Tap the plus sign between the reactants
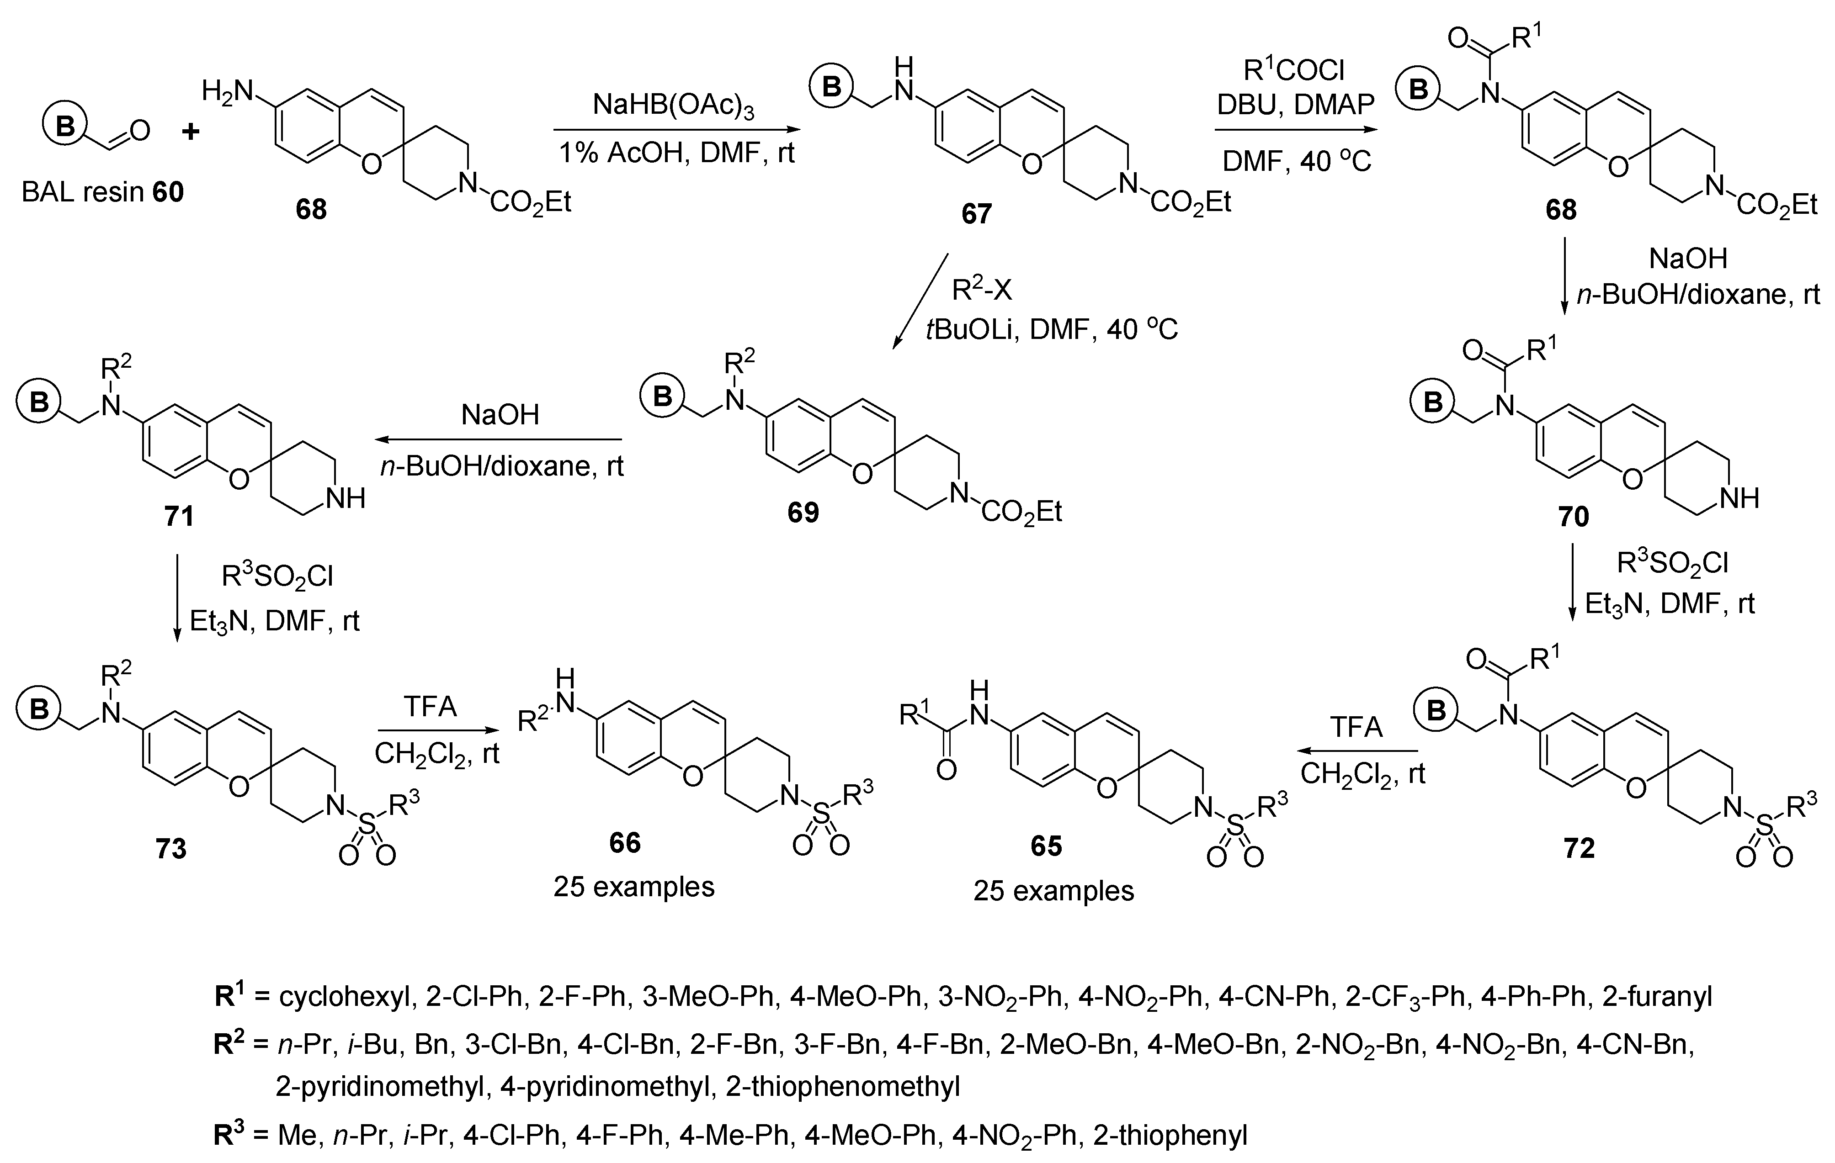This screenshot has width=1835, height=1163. (191, 132)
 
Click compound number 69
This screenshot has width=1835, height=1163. (803, 513)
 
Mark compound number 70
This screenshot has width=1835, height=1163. (1574, 517)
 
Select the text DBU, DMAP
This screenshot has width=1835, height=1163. (1296, 104)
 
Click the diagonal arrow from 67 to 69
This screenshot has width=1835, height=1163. (920, 301)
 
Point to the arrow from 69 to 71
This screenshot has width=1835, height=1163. (499, 439)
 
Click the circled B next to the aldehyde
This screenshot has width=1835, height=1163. (65, 126)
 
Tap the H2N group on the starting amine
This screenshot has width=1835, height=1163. (226, 92)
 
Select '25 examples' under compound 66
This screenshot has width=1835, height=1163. (634, 887)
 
